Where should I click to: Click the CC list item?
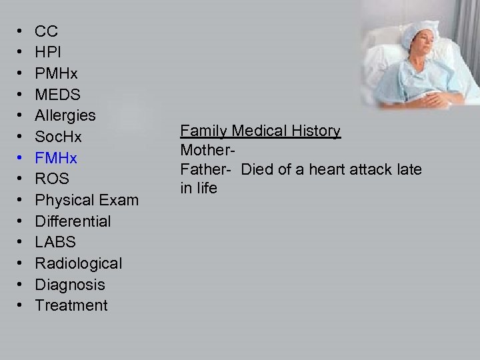pos(46,31)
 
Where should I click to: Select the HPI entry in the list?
pos(48,52)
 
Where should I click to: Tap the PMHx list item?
pos(56,73)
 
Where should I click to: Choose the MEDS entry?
pos(58,94)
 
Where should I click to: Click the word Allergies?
pos(65,115)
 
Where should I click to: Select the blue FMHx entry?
pos(56,158)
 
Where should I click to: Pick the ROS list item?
pos(52,179)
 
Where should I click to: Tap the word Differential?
pos(73,221)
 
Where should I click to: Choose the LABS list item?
pos(55,242)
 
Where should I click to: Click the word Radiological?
pos(79,263)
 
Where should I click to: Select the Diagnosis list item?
pos(70,285)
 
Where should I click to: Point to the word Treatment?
pos(71,305)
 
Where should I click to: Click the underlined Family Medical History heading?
pos(261,131)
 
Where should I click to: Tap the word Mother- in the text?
pos(205,150)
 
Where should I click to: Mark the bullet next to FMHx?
pos(20,158)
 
